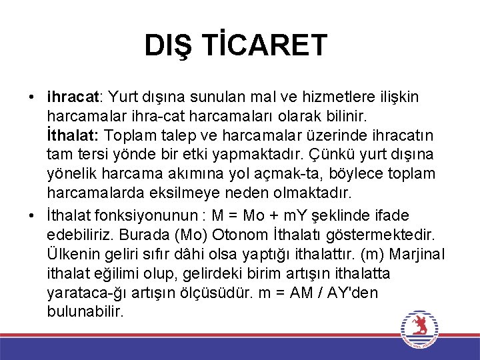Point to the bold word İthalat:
click(73, 136)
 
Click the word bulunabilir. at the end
click(86, 311)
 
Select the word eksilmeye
click(189, 194)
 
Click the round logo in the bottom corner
click(419, 329)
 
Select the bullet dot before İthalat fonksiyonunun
click(32, 216)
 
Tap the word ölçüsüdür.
click(217, 293)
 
